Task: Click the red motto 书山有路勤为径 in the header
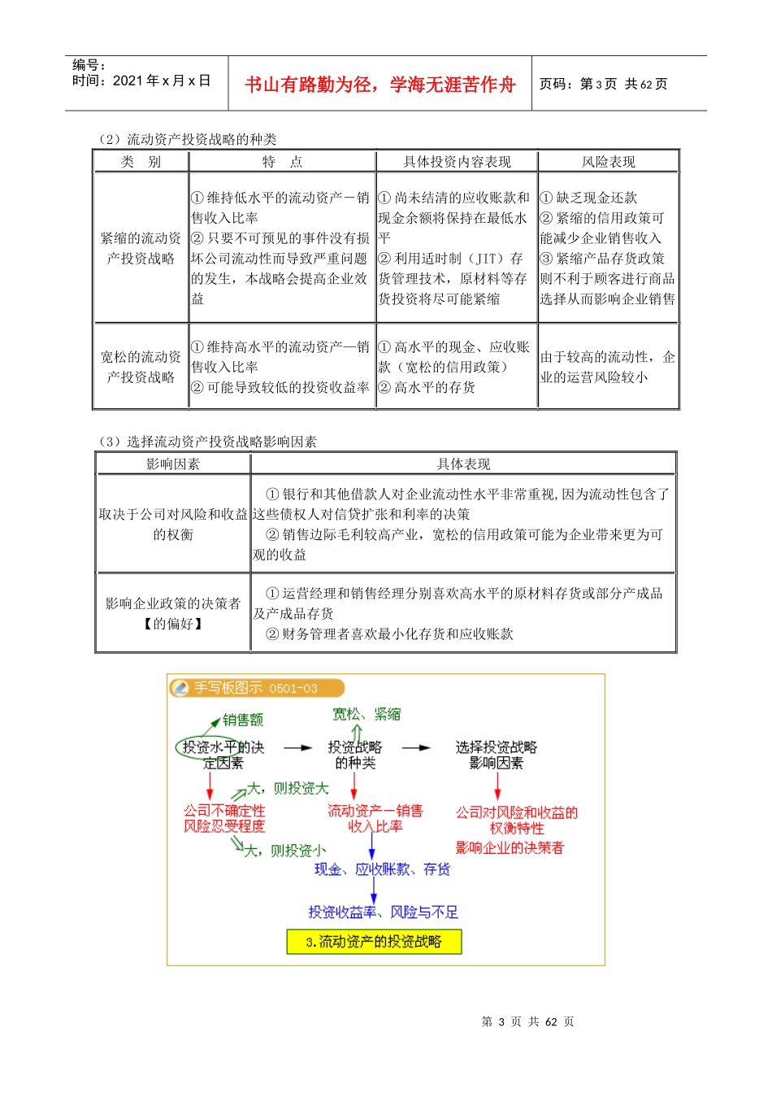click(x=379, y=85)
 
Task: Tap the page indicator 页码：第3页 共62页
click(x=603, y=85)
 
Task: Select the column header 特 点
click(x=282, y=162)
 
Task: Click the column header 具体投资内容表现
click(x=457, y=162)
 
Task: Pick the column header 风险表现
click(x=608, y=162)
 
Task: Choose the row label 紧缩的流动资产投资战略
click(x=141, y=248)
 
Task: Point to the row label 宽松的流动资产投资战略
click(x=141, y=367)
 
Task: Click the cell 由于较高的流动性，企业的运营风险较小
click(x=607, y=367)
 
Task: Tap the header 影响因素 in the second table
click(x=172, y=464)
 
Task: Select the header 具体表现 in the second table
click(x=463, y=464)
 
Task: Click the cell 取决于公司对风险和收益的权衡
click(x=173, y=524)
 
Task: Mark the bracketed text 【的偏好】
click(x=173, y=624)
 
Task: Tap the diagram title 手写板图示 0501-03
click(x=255, y=688)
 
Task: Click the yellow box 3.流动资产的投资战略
click(x=374, y=942)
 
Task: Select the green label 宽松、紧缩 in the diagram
click(x=366, y=714)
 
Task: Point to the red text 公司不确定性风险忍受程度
click(x=224, y=818)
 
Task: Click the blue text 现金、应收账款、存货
click(x=382, y=869)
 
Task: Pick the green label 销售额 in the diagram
click(x=243, y=720)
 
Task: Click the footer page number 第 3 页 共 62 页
click(x=527, y=1021)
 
